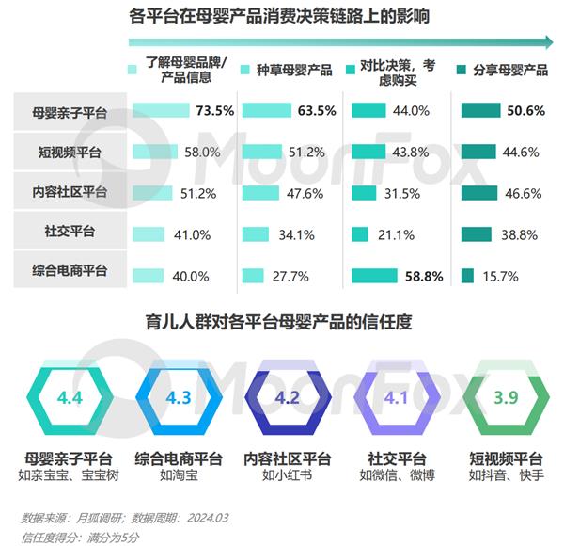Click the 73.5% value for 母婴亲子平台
213,111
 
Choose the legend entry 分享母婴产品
509,71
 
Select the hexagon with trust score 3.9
506,397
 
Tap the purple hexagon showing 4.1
397,397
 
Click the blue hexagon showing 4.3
179,397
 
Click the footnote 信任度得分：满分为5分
79,536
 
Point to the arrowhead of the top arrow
549,41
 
